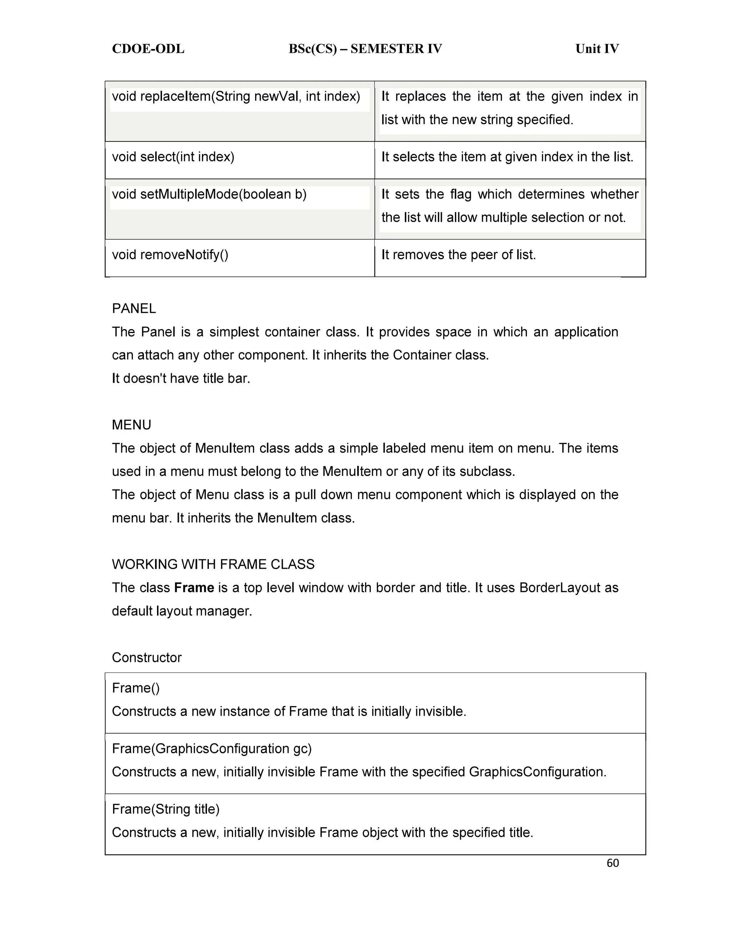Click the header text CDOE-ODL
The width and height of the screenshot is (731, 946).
148,49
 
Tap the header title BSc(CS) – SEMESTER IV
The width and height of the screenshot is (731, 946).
365,49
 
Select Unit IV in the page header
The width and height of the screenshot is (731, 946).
596,49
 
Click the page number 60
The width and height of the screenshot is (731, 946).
612,863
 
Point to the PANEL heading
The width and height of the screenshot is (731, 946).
134,308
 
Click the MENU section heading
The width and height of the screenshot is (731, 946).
131,425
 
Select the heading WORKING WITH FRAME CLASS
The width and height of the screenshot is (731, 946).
213,564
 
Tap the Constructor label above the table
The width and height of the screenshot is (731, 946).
146,658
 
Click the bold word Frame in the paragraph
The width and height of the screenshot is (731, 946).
194,588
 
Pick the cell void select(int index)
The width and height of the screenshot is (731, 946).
173,157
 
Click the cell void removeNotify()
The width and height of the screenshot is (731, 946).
170,255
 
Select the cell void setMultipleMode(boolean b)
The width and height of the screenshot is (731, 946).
209,194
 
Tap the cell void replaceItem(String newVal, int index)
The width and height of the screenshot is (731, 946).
236,96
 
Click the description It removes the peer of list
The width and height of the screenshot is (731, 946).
458,255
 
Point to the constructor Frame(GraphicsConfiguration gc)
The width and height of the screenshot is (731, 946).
212,749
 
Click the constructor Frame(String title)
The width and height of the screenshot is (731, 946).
165,809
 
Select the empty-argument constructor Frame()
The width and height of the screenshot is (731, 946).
136,688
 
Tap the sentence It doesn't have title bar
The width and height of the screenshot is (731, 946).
181,378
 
